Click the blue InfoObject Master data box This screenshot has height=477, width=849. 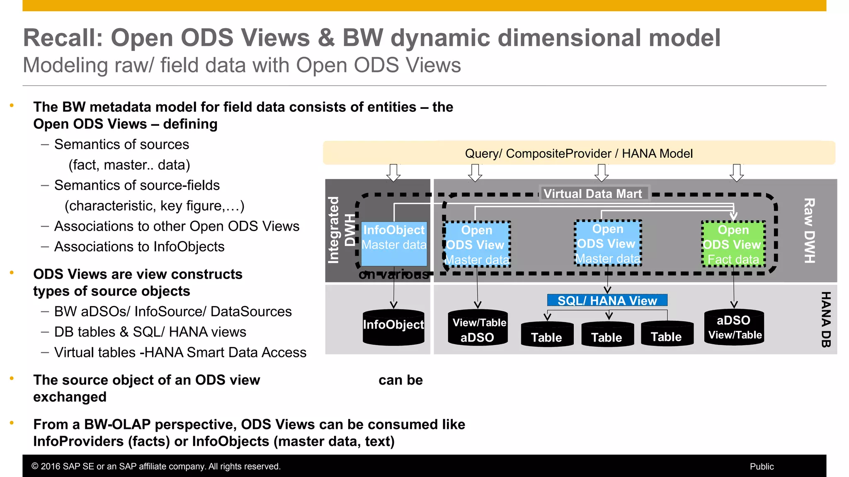point(394,243)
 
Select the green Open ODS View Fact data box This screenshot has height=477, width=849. point(733,244)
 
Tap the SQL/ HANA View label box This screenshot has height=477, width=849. point(607,300)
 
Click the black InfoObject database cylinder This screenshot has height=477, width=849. point(393,327)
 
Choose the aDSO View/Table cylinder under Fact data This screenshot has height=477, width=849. point(734,328)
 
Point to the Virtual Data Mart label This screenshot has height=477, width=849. point(592,194)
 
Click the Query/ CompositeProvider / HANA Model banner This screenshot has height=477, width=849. point(579,154)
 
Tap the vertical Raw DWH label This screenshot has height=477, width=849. point(809,230)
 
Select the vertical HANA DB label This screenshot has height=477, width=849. point(826,319)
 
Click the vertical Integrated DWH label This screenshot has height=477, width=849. point(341,230)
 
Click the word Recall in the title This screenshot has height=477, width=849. point(63,38)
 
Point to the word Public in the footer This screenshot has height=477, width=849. point(762,467)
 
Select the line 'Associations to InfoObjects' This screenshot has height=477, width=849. point(139,247)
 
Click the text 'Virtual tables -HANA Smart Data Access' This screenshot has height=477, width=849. point(180,352)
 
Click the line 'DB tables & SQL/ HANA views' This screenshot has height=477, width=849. point(150,332)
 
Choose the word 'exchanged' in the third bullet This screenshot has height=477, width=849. point(70,397)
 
